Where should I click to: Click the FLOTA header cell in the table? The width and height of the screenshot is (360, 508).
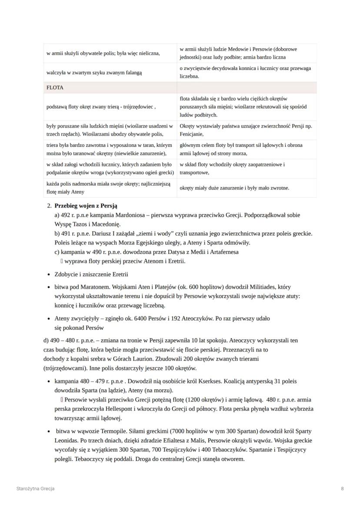55,87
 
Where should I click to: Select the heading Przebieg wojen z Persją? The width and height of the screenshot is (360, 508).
86,206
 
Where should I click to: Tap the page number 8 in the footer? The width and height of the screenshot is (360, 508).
343,488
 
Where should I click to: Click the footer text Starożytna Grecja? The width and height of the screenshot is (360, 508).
35,488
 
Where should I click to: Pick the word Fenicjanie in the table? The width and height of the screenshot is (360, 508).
192,134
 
